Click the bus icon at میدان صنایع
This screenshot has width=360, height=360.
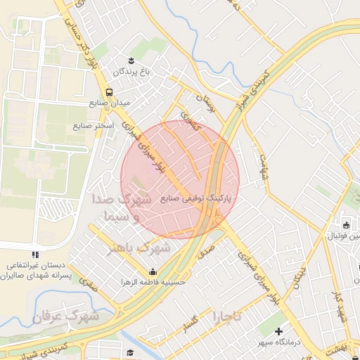pyautogui.click(x=109, y=91)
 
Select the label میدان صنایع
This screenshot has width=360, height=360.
pyautogui.click(x=110, y=103)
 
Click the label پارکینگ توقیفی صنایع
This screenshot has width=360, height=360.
pyautogui.click(x=200, y=199)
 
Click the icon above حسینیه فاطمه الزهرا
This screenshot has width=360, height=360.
pyautogui.click(x=153, y=272)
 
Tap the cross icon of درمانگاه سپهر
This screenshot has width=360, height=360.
pyautogui.click(x=279, y=330)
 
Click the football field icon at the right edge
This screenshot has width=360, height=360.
pyautogui.click(x=346, y=225)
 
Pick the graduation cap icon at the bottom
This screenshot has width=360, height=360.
pyautogui.click(x=129, y=352)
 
